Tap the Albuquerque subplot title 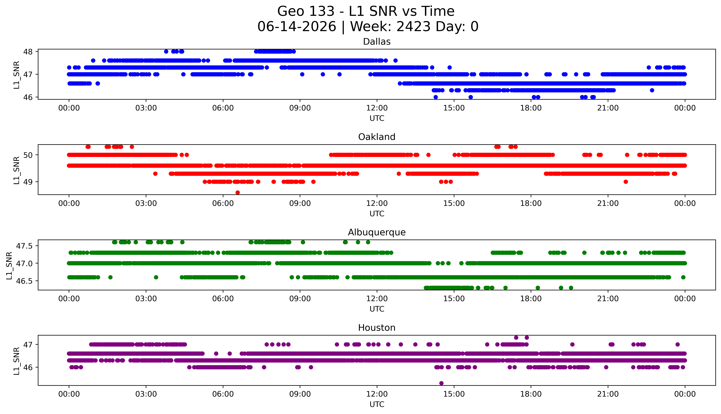pos(377,232)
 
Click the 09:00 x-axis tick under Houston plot pos(300,394)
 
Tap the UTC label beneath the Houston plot pos(377,404)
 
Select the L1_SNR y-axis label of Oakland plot pos(17,170)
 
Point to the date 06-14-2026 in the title pos(297,27)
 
